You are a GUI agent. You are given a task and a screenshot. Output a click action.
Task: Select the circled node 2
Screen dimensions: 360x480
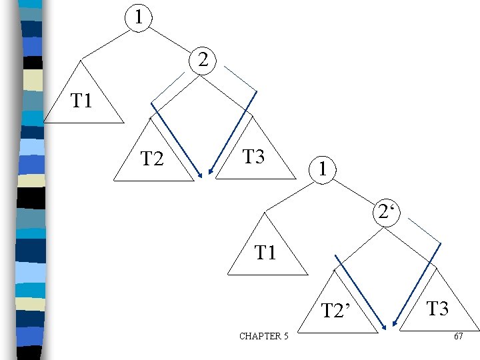point(205,61)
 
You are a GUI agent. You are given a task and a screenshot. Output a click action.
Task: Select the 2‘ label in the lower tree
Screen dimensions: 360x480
point(385,213)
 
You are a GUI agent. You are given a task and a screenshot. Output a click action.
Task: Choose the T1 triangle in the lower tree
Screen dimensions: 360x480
point(267,253)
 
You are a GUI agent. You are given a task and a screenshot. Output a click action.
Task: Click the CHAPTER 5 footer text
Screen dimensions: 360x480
point(264,336)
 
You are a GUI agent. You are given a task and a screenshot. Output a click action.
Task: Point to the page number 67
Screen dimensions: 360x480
point(458,336)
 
